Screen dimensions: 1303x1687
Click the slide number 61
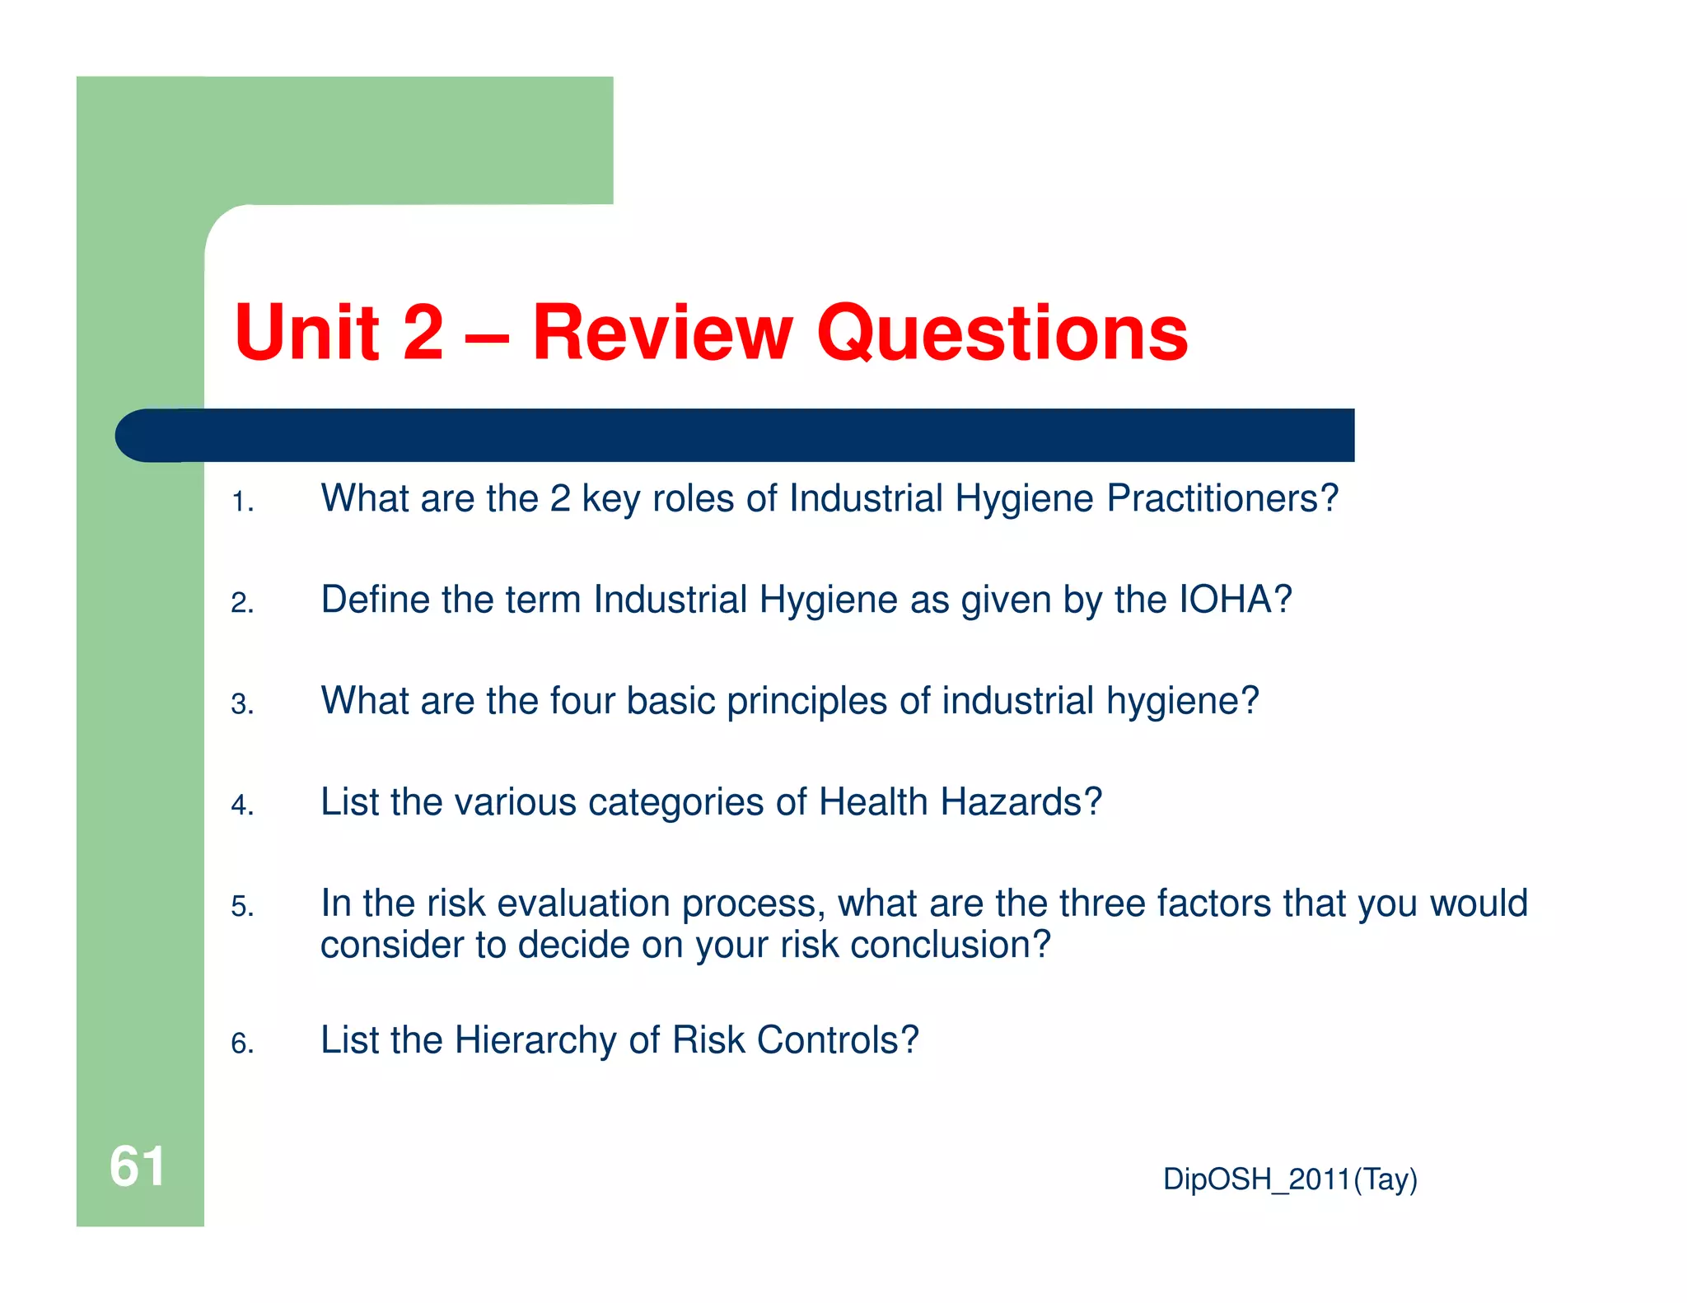pyautogui.click(x=138, y=1166)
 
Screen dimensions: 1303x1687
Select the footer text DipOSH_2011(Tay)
pyautogui.click(x=1290, y=1179)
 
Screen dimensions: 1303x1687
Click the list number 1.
pyautogui.click(x=242, y=502)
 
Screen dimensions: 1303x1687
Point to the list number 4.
pyautogui.click(x=242, y=805)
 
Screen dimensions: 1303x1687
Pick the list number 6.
pyautogui.click(x=242, y=1044)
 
